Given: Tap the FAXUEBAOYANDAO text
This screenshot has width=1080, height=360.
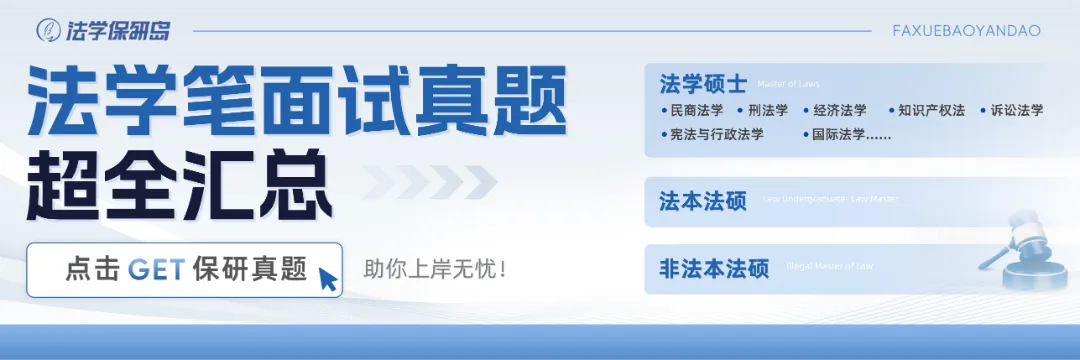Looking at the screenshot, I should click(966, 31).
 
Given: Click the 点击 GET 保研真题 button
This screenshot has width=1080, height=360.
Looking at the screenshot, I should click(184, 270).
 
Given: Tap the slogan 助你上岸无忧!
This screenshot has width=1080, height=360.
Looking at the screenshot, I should click(435, 269).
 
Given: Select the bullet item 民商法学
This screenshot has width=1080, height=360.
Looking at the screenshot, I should click(693, 111).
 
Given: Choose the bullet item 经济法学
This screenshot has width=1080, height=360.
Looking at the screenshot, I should click(839, 111).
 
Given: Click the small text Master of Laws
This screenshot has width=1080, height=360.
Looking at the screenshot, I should click(788, 84).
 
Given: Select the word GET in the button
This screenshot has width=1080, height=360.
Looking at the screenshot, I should click(159, 270).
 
